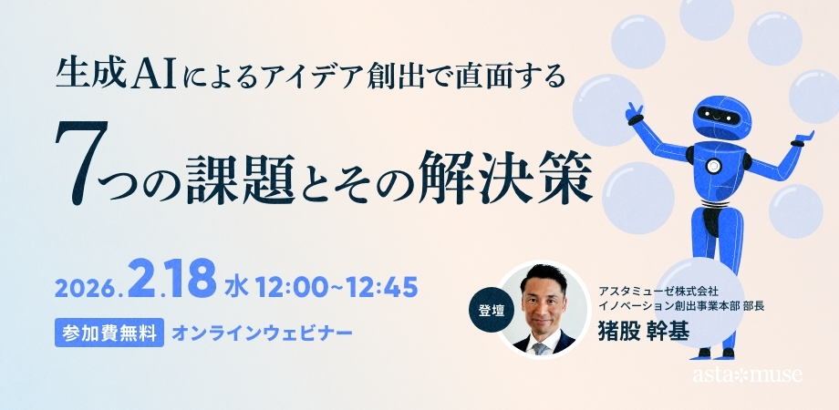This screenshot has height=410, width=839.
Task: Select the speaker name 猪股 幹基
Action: pos(642,329)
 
